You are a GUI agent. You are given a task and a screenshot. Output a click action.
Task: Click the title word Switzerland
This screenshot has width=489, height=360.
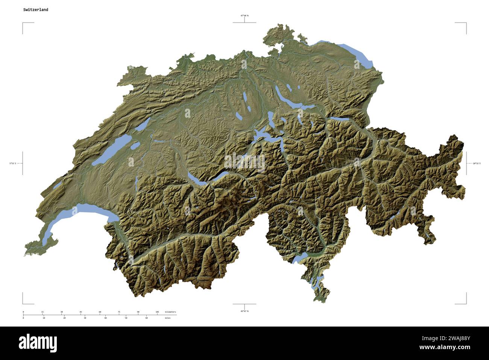(35, 10)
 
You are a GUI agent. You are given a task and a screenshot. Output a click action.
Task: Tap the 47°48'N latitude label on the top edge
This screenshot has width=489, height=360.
(244, 15)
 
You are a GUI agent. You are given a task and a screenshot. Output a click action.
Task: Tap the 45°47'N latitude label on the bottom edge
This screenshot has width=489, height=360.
(244, 311)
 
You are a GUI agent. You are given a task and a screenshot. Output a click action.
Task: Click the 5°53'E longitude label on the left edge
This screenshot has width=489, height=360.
(13, 163)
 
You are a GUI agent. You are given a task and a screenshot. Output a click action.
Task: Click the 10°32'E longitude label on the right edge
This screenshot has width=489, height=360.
(476, 163)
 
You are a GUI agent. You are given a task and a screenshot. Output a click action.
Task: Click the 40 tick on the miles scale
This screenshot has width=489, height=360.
(105, 318)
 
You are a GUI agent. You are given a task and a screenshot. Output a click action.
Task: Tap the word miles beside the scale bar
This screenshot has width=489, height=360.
(167, 318)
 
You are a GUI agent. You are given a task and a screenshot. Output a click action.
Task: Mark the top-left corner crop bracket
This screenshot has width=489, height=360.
(23, 24)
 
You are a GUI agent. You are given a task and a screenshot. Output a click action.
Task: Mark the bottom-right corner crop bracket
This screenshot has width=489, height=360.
(466, 303)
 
